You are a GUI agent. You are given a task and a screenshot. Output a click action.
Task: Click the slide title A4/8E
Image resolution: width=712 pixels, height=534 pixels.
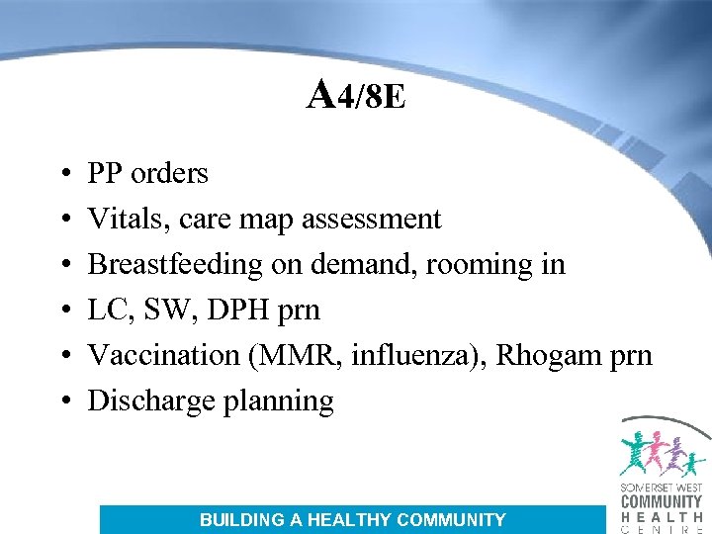pyautogui.click(x=356, y=96)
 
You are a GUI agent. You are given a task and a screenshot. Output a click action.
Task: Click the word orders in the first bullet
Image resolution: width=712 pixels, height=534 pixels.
pyautogui.click(x=169, y=174)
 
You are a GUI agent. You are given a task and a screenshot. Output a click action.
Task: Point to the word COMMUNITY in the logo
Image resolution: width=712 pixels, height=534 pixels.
pyautogui.click(x=662, y=501)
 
